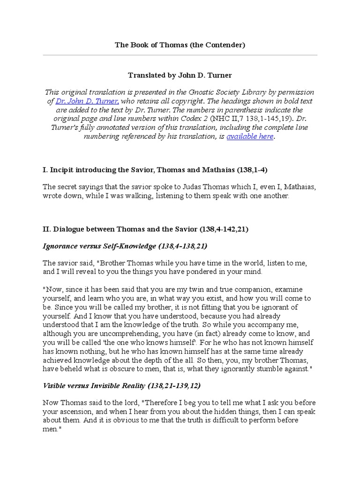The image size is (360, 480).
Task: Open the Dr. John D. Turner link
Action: pos(87,101)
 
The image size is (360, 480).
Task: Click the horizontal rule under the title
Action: pos(180,55)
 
